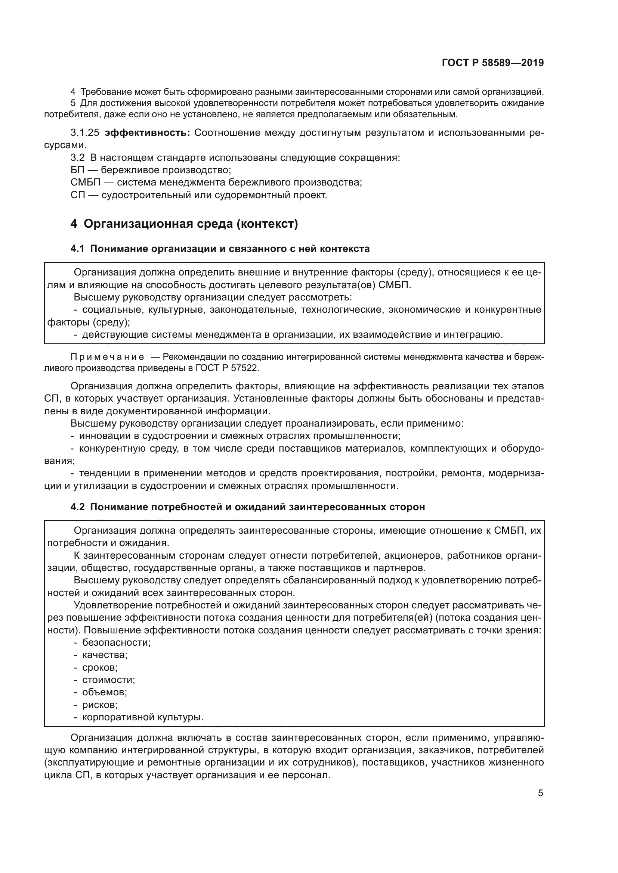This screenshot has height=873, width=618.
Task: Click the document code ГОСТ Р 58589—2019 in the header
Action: tap(493, 63)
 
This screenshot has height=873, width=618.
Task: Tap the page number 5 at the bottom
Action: tap(540, 793)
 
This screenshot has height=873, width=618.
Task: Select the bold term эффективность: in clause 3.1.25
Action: tap(147, 133)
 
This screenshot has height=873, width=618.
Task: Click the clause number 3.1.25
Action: tap(84, 133)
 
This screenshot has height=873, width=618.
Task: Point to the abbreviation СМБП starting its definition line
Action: tap(85, 183)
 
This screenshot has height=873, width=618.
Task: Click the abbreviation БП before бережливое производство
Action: tap(77, 170)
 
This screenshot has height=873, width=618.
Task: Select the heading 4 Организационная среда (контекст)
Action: tap(184, 224)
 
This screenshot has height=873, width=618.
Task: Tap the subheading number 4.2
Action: tap(77, 507)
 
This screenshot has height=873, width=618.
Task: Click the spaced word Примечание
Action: tap(108, 357)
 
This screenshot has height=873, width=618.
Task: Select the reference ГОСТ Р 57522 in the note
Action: tap(227, 368)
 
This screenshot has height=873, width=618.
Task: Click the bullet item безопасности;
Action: tap(117, 642)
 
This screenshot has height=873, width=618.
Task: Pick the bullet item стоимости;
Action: tap(108, 679)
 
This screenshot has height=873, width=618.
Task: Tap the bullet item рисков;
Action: tap(100, 705)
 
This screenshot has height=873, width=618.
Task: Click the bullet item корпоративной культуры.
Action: tap(143, 717)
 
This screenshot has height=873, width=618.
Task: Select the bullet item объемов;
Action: tap(105, 692)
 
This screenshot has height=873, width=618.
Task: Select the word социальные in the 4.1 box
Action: tap(112, 309)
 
